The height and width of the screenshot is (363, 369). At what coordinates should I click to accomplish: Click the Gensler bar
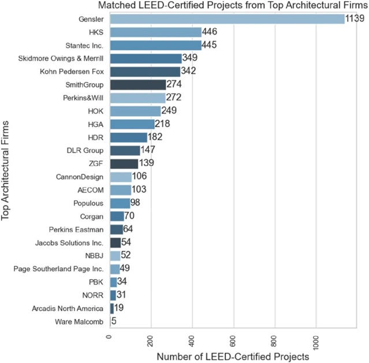click(x=227, y=19)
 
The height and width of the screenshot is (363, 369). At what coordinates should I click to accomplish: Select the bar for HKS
click(x=155, y=32)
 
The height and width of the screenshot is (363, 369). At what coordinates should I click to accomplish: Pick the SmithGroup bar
click(x=138, y=85)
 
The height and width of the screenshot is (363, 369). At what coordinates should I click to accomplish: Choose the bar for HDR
click(x=128, y=137)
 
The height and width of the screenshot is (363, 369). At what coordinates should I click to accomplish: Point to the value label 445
click(x=210, y=45)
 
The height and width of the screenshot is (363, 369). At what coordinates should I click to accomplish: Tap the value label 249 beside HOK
click(x=169, y=111)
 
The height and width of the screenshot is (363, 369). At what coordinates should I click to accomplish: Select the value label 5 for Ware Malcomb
click(x=114, y=321)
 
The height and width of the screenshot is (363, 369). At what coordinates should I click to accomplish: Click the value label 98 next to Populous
click(x=136, y=203)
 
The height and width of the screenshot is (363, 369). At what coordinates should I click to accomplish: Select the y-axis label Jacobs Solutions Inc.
click(x=69, y=243)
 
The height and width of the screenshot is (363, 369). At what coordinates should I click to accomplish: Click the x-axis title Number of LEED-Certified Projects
click(x=233, y=356)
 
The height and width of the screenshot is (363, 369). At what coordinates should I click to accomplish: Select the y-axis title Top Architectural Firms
click(x=6, y=171)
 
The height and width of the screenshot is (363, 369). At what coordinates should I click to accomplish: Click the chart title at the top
click(x=232, y=5)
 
